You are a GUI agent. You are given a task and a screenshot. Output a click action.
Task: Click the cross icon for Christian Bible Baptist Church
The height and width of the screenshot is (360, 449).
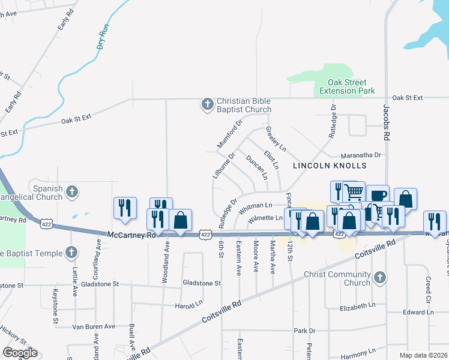207,105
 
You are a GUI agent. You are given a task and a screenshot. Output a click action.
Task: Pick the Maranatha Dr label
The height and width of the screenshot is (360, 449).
361,155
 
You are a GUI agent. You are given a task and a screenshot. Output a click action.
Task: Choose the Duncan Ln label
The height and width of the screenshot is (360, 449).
256,167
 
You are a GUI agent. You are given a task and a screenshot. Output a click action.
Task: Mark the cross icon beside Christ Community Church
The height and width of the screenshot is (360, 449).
379,278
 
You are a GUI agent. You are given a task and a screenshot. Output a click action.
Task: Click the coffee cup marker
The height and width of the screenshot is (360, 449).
378,196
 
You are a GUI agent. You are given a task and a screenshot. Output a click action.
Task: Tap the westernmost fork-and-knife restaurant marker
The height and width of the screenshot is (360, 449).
125,208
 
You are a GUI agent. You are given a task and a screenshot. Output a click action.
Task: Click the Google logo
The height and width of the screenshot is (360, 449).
20,352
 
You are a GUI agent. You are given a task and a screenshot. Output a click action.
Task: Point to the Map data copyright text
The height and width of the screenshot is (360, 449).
423,355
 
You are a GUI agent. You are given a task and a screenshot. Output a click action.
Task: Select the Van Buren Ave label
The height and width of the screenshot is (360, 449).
93,326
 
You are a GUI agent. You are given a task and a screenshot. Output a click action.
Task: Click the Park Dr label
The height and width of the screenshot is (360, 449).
304,331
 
